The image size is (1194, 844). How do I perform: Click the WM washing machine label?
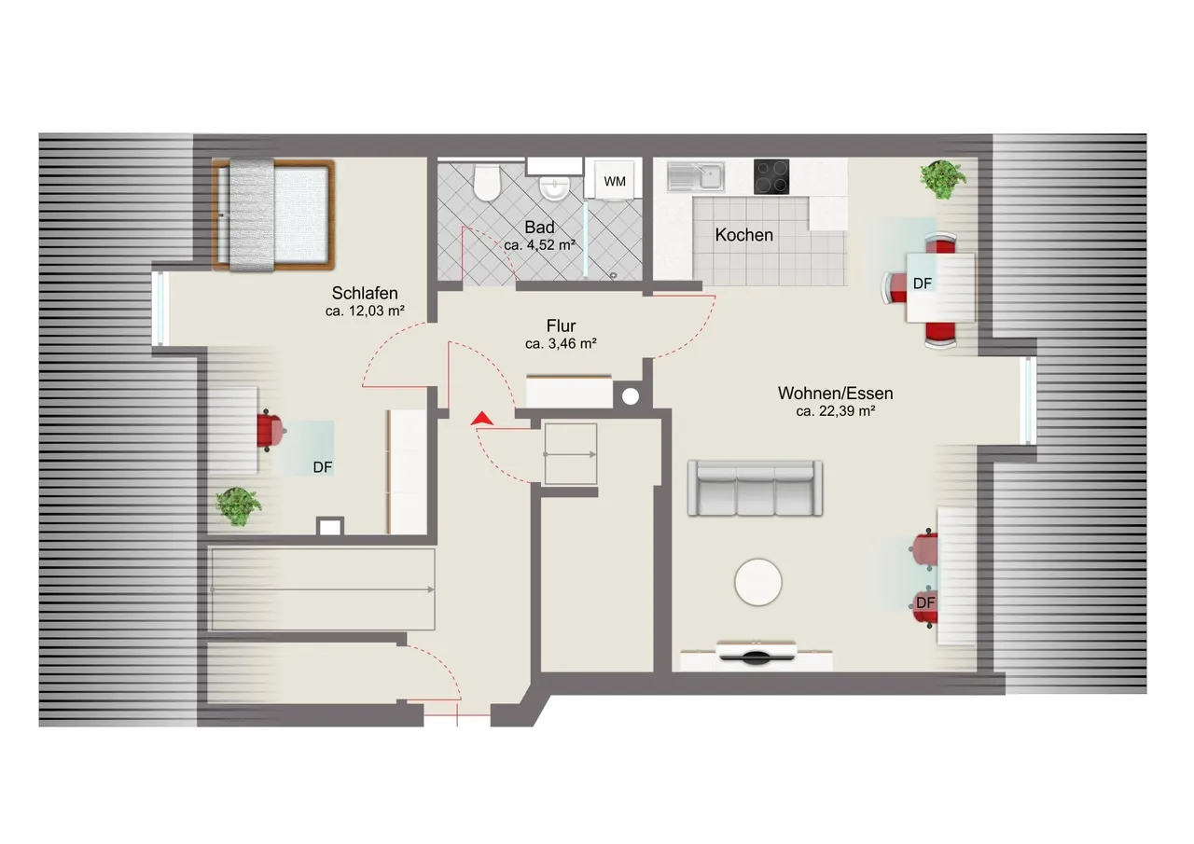coord(615,181)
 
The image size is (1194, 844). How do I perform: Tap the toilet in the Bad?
coord(487,182)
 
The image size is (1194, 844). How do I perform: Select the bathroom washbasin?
coord(555,187)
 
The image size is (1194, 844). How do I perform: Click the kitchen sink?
coord(696,176)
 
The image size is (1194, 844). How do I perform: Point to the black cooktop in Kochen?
coord(771,176)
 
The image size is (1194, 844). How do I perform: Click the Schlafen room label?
coord(365,293)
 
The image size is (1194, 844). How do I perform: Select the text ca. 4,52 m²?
coord(539,245)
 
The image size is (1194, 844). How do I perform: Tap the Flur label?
coord(561,325)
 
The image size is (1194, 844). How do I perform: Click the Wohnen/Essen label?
coord(835,394)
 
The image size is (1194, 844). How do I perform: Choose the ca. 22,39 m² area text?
coord(835,411)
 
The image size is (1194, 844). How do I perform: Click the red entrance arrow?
coord(482,419)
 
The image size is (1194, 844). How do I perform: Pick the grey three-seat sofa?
coord(755,489)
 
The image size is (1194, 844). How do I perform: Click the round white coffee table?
coord(758,582)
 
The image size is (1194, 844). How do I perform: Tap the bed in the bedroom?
coord(273,215)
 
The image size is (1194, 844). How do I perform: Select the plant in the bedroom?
coord(238,506)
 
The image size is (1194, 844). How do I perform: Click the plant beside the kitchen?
coord(943,179)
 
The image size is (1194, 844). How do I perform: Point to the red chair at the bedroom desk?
coord(270,431)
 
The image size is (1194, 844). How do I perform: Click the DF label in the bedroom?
coord(323,467)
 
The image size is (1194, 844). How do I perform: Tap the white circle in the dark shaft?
coord(631,396)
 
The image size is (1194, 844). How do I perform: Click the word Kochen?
coord(744,235)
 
